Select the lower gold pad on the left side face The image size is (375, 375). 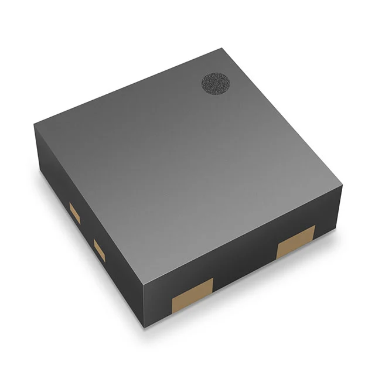pos(100,251)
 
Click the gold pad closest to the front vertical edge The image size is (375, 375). pos(192,294)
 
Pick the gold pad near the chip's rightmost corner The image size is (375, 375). pos(296,240)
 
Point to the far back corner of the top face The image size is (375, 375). pos(223,48)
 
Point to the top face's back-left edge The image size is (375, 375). pos(129,86)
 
